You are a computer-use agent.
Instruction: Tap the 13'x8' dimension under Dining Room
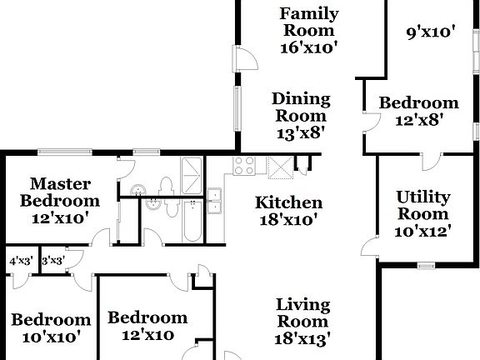(301, 132)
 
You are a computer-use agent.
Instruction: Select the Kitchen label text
(288, 202)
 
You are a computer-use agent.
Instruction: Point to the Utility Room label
(423, 206)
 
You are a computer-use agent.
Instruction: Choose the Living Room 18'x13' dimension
(303, 338)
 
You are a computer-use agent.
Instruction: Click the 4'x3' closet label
(19, 261)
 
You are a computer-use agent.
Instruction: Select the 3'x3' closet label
(53, 261)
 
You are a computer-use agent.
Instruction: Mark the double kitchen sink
(215, 201)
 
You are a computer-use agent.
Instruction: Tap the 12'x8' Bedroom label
(418, 111)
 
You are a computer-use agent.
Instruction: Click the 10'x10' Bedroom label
(51, 327)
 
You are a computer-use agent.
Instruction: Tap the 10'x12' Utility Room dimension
(423, 231)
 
